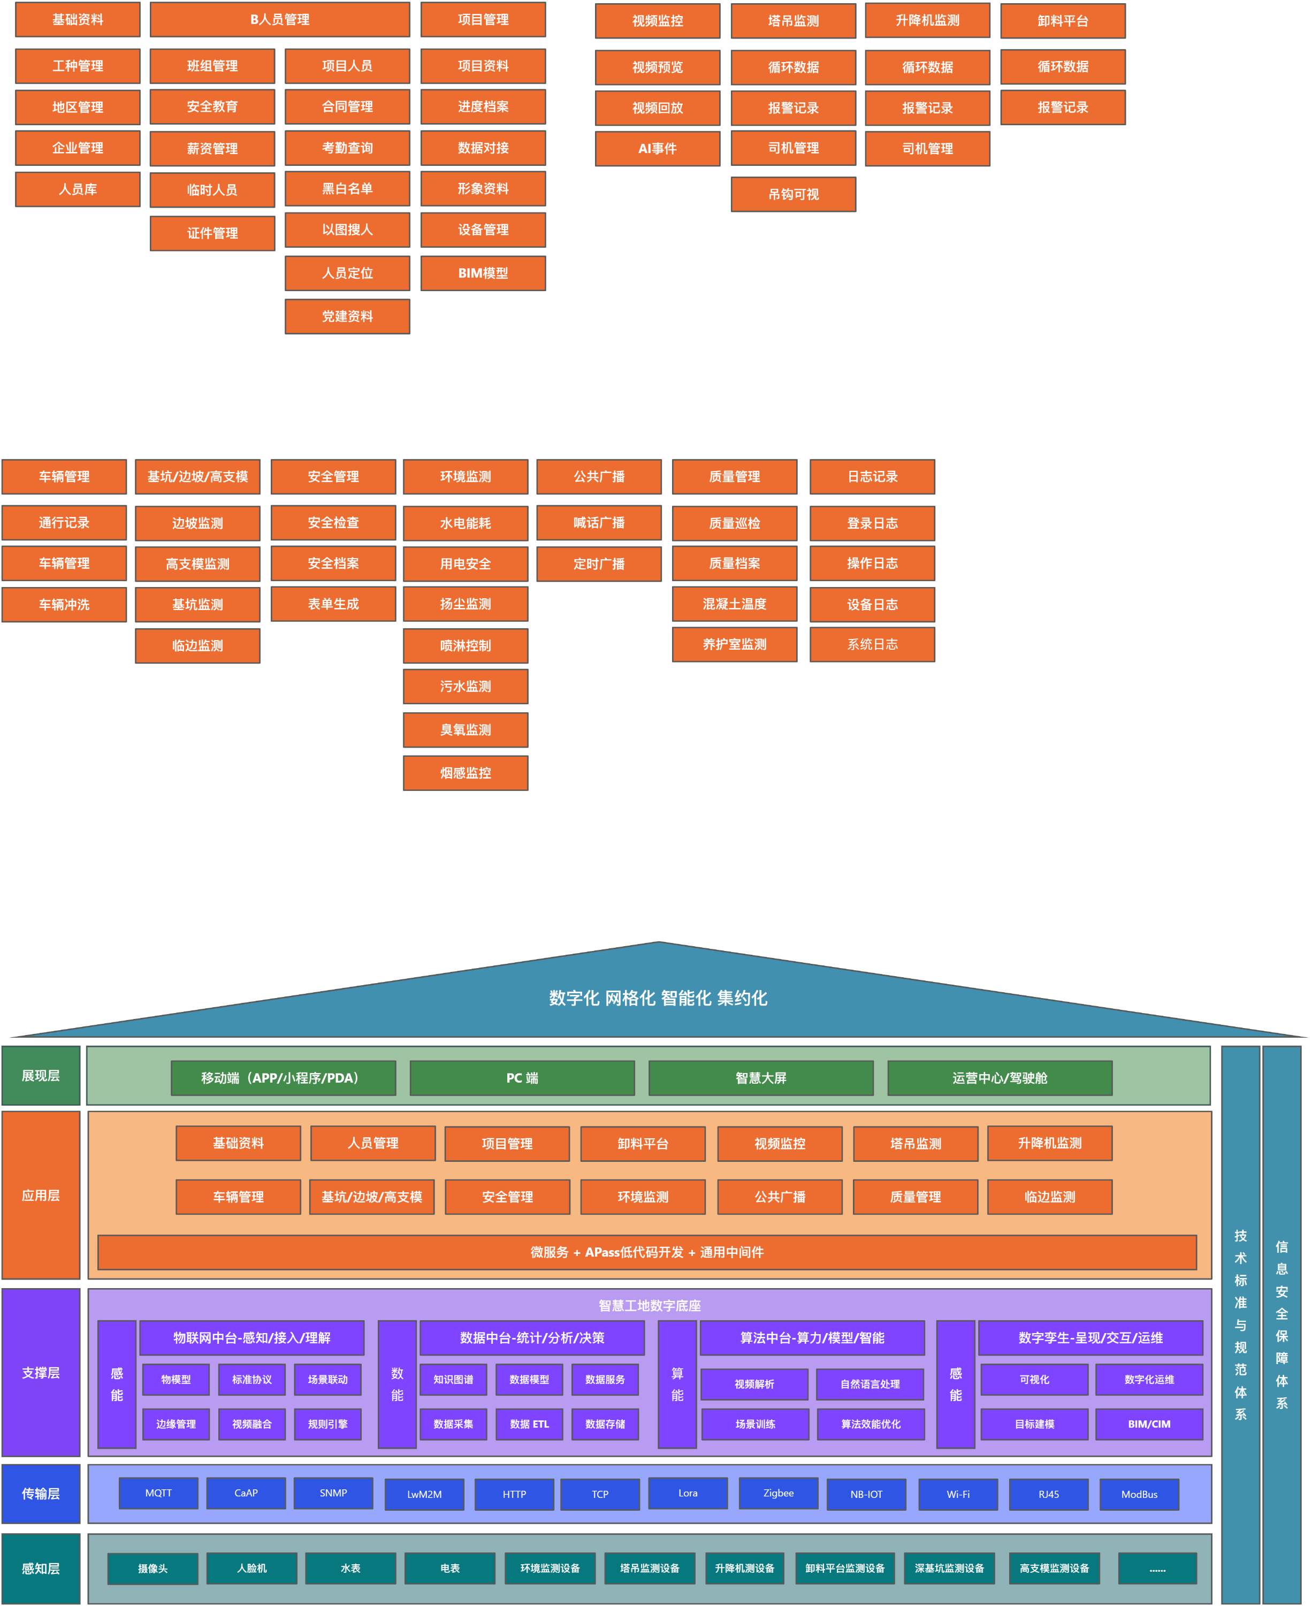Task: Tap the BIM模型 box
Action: click(x=483, y=273)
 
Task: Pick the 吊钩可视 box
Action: click(x=793, y=194)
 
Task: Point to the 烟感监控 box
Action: click(x=466, y=772)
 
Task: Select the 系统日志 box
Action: click(x=872, y=644)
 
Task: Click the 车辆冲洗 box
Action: click(x=64, y=605)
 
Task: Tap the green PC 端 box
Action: click(x=522, y=1078)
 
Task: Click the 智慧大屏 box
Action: click(x=761, y=1078)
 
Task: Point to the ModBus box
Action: click(x=1139, y=1494)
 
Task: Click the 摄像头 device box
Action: click(x=152, y=1568)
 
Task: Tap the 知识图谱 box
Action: click(x=453, y=1379)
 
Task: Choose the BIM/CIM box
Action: click(x=1149, y=1424)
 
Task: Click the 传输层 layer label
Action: click(x=41, y=1494)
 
